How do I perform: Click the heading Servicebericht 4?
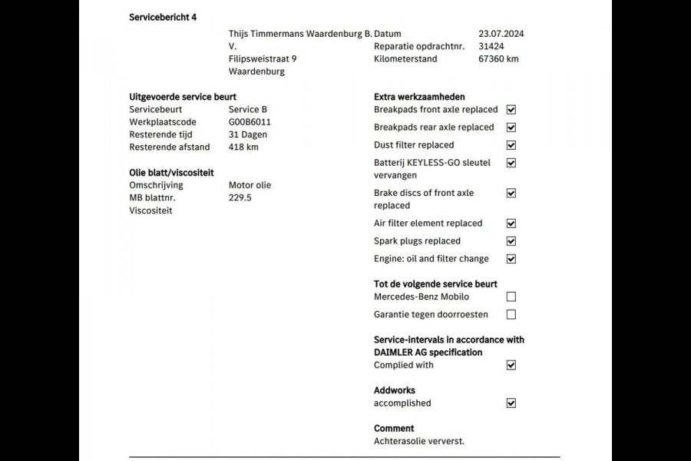(x=163, y=16)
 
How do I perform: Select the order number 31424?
(x=491, y=46)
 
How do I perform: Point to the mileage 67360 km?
(x=498, y=58)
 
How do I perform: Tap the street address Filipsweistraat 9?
(x=263, y=58)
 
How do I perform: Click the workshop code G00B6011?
(x=250, y=121)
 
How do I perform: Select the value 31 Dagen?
(x=247, y=134)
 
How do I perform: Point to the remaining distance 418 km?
(x=243, y=147)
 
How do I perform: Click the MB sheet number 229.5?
(x=240, y=197)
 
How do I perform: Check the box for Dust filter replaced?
(x=511, y=145)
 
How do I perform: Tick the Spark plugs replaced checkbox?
(x=511, y=241)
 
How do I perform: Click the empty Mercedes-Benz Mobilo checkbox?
(x=511, y=297)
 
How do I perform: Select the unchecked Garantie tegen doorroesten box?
(x=511, y=314)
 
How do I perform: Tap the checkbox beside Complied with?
(x=511, y=365)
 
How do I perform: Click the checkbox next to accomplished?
(x=511, y=403)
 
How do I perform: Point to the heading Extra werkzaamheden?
(x=419, y=97)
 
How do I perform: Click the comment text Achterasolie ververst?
(x=419, y=441)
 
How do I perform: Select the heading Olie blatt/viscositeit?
(x=171, y=172)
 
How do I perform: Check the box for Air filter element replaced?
(x=511, y=224)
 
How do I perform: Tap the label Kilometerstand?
(x=405, y=58)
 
